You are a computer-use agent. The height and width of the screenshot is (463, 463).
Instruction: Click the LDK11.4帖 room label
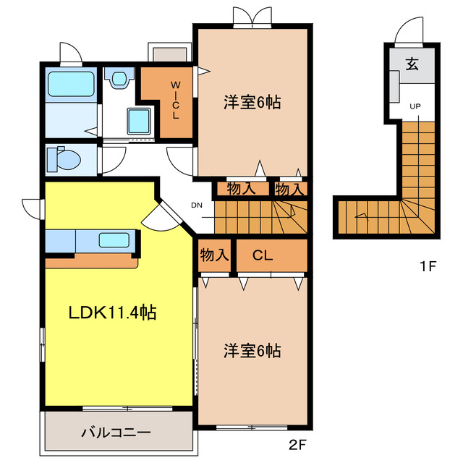click(x=112, y=313)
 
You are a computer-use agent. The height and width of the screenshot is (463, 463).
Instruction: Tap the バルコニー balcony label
click(x=115, y=433)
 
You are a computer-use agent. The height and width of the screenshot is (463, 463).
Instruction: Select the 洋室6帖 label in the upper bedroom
click(x=251, y=103)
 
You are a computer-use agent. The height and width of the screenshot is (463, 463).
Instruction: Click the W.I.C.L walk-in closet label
click(x=174, y=101)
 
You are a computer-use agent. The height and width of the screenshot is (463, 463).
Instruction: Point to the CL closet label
click(x=263, y=255)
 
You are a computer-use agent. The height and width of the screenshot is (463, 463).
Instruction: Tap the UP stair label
click(x=415, y=107)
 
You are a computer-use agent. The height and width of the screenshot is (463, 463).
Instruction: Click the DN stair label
click(x=196, y=205)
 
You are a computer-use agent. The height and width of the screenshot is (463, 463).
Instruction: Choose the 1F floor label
click(x=428, y=266)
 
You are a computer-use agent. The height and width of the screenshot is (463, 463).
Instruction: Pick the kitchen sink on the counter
click(x=114, y=240)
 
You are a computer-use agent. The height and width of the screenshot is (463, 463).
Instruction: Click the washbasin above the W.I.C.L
click(x=120, y=77)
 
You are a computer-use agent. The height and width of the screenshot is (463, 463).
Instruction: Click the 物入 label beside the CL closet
click(x=214, y=255)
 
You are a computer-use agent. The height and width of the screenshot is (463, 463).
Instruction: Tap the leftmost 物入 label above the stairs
click(x=240, y=190)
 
